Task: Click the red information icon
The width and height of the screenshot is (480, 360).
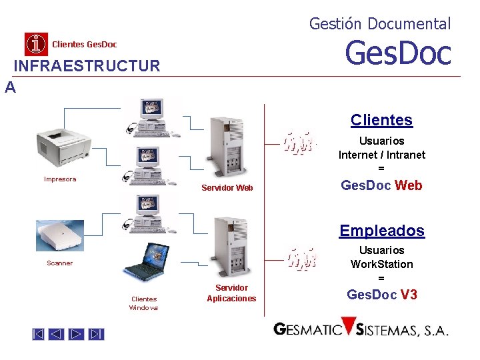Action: coord(36,44)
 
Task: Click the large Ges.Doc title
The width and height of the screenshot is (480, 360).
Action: coord(398,53)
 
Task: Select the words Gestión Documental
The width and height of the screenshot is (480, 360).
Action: coord(380,24)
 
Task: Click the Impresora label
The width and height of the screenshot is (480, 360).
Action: coord(60,179)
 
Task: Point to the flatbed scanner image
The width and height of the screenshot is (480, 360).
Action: coord(61,235)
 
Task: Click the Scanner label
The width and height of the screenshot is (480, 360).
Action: coord(60,263)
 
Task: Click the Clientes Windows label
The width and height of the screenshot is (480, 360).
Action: coord(144,303)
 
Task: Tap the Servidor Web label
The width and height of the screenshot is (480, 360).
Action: coord(227,188)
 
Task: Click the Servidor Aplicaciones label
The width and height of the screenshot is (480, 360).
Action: coord(231,293)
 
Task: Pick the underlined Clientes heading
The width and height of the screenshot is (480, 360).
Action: coord(381,120)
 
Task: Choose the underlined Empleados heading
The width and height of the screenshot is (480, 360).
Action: coord(381,231)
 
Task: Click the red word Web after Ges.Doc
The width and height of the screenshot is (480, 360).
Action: coord(409,185)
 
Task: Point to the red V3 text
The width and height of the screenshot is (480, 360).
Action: coord(409,294)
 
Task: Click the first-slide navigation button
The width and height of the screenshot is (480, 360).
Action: coord(39,334)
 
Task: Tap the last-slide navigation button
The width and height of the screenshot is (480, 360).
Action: coord(97,334)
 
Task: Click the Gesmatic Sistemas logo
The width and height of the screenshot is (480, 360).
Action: coord(361,329)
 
